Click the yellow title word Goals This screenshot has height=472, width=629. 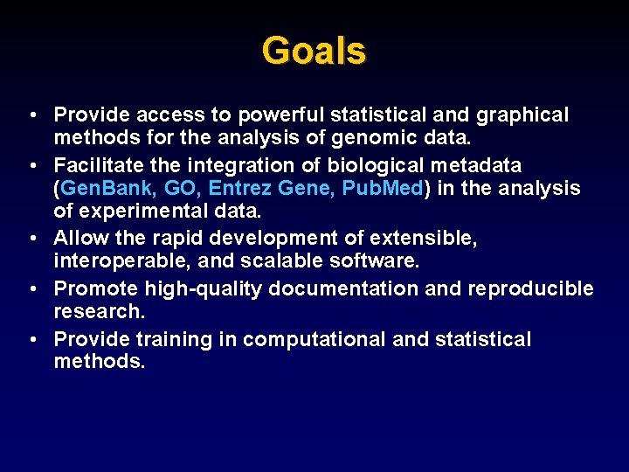[314, 51]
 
